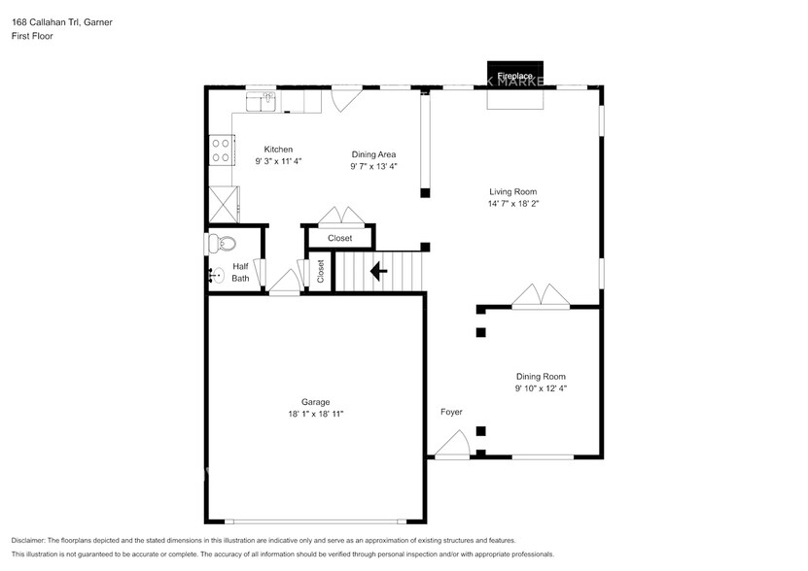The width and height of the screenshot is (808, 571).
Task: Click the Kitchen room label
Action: (278, 150)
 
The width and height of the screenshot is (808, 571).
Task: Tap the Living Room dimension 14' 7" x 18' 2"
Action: (512, 205)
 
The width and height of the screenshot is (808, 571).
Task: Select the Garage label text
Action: (315, 402)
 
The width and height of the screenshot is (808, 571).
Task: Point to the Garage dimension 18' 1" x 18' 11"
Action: (315, 415)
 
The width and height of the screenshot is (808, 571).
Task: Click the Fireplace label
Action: (514, 76)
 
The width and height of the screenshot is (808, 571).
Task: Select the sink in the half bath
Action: (216, 276)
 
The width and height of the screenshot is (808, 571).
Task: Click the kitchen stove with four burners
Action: (221, 151)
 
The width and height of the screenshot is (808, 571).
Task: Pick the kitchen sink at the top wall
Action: (262, 101)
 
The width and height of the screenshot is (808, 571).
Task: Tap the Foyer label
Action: (451, 413)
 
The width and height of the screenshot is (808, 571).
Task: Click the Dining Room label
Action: (541, 377)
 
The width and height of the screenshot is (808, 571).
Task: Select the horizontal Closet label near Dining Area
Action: (339, 238)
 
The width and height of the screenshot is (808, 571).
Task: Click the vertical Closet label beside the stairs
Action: (321, 272)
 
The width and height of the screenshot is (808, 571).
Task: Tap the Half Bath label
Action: (240, 272)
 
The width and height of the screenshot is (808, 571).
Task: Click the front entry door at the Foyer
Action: (451, 447)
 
